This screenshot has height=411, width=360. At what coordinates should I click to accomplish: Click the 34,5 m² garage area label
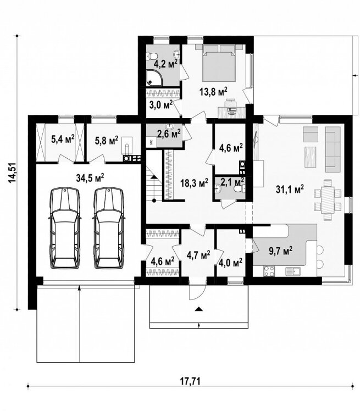tap(90, 177)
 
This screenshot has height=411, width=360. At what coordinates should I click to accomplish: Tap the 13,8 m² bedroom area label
tap(213, 92)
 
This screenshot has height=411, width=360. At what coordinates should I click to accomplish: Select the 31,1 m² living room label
tap(290, 188)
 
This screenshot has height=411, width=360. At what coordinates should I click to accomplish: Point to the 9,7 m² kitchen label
tap(280, 251)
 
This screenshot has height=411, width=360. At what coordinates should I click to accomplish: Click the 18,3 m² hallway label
tap(194, 182)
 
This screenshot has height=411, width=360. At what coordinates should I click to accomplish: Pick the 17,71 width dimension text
tap(190, 381)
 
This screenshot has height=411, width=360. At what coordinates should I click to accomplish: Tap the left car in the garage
tap(65, 228)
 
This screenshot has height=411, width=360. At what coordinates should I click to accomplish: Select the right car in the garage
tap(109, 228)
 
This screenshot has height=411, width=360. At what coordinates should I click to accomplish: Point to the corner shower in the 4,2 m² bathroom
tap(154, 78)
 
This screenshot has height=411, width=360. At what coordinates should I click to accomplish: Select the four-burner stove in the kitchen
tap(269, 271)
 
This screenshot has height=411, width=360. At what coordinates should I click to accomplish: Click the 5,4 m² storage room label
tap(63, 140)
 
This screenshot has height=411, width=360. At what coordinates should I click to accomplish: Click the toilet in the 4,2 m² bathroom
tap(152, 55)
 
